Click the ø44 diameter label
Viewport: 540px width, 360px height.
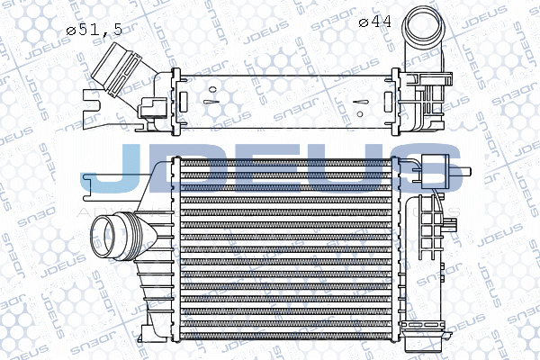375,22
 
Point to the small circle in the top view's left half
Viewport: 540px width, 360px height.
212,90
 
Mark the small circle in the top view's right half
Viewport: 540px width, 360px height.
360,114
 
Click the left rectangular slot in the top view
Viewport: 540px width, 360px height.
184,102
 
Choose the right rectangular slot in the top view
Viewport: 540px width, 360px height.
389,102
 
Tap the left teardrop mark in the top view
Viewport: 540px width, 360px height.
209,102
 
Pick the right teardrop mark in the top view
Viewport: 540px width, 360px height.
361,102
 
